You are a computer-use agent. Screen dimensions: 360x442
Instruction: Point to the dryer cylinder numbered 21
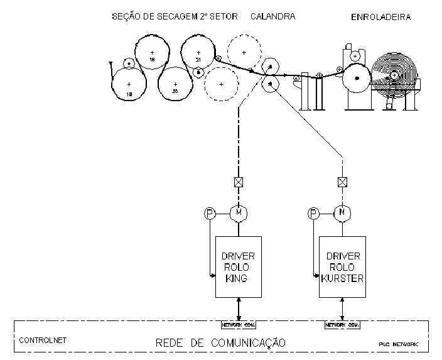point(198,53)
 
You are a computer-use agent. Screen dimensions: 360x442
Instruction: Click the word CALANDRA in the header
point(272,17)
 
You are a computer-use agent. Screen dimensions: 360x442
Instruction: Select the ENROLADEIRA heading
point(380,18)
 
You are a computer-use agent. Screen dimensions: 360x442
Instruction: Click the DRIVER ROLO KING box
point(238,266)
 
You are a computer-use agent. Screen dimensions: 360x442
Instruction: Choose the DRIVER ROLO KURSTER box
point(342,266)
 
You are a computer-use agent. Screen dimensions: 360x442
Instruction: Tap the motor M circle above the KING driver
point(238,214)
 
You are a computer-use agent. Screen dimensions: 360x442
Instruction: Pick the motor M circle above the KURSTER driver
point(342,214)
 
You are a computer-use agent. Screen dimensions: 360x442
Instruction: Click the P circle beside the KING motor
point(210,214)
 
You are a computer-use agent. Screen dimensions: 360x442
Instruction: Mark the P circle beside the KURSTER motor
point(313,214)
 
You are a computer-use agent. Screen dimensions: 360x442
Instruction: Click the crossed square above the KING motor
point(238,183)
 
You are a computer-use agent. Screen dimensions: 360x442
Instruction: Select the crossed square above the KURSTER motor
point(342,183)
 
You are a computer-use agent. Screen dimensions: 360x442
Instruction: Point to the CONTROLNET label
point(42,341)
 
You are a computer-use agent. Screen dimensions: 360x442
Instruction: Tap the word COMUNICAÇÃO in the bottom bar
point(251,343)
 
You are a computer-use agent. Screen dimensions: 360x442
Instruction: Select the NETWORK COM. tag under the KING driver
point(238,325)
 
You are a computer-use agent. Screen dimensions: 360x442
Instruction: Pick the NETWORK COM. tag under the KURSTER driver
point(342,325)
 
